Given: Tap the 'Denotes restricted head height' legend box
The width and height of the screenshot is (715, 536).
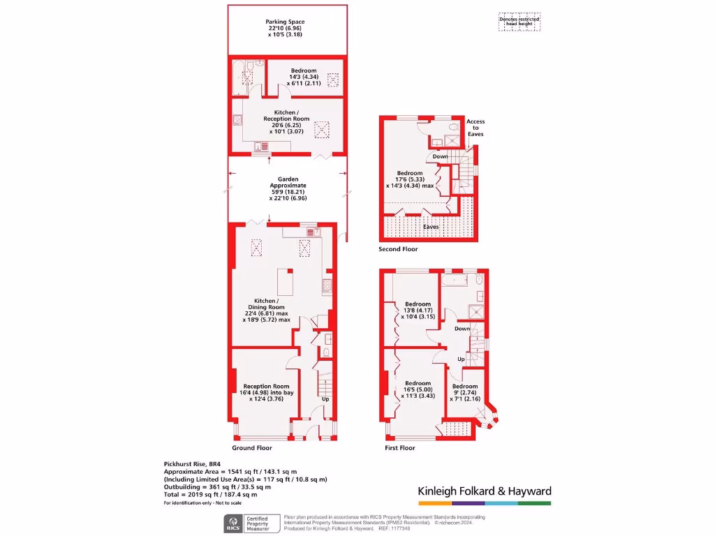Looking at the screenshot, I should coord(519,22).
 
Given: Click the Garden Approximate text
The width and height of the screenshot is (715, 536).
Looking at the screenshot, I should coord(288,188).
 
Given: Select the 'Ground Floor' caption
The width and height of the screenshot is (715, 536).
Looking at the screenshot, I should coord(252,448).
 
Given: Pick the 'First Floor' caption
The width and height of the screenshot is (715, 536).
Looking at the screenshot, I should coord(400,448).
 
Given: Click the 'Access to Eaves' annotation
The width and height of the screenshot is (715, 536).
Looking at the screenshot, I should coord(476,128).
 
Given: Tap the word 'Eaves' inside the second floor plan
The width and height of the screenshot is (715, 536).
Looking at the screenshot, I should coord(431,227).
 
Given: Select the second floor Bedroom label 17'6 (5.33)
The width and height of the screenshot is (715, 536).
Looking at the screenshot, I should coord(410,179).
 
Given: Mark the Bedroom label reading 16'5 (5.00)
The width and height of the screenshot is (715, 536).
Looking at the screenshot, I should coord(418,389).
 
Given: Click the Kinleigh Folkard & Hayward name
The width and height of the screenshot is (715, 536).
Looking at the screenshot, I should coord(485,491).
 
